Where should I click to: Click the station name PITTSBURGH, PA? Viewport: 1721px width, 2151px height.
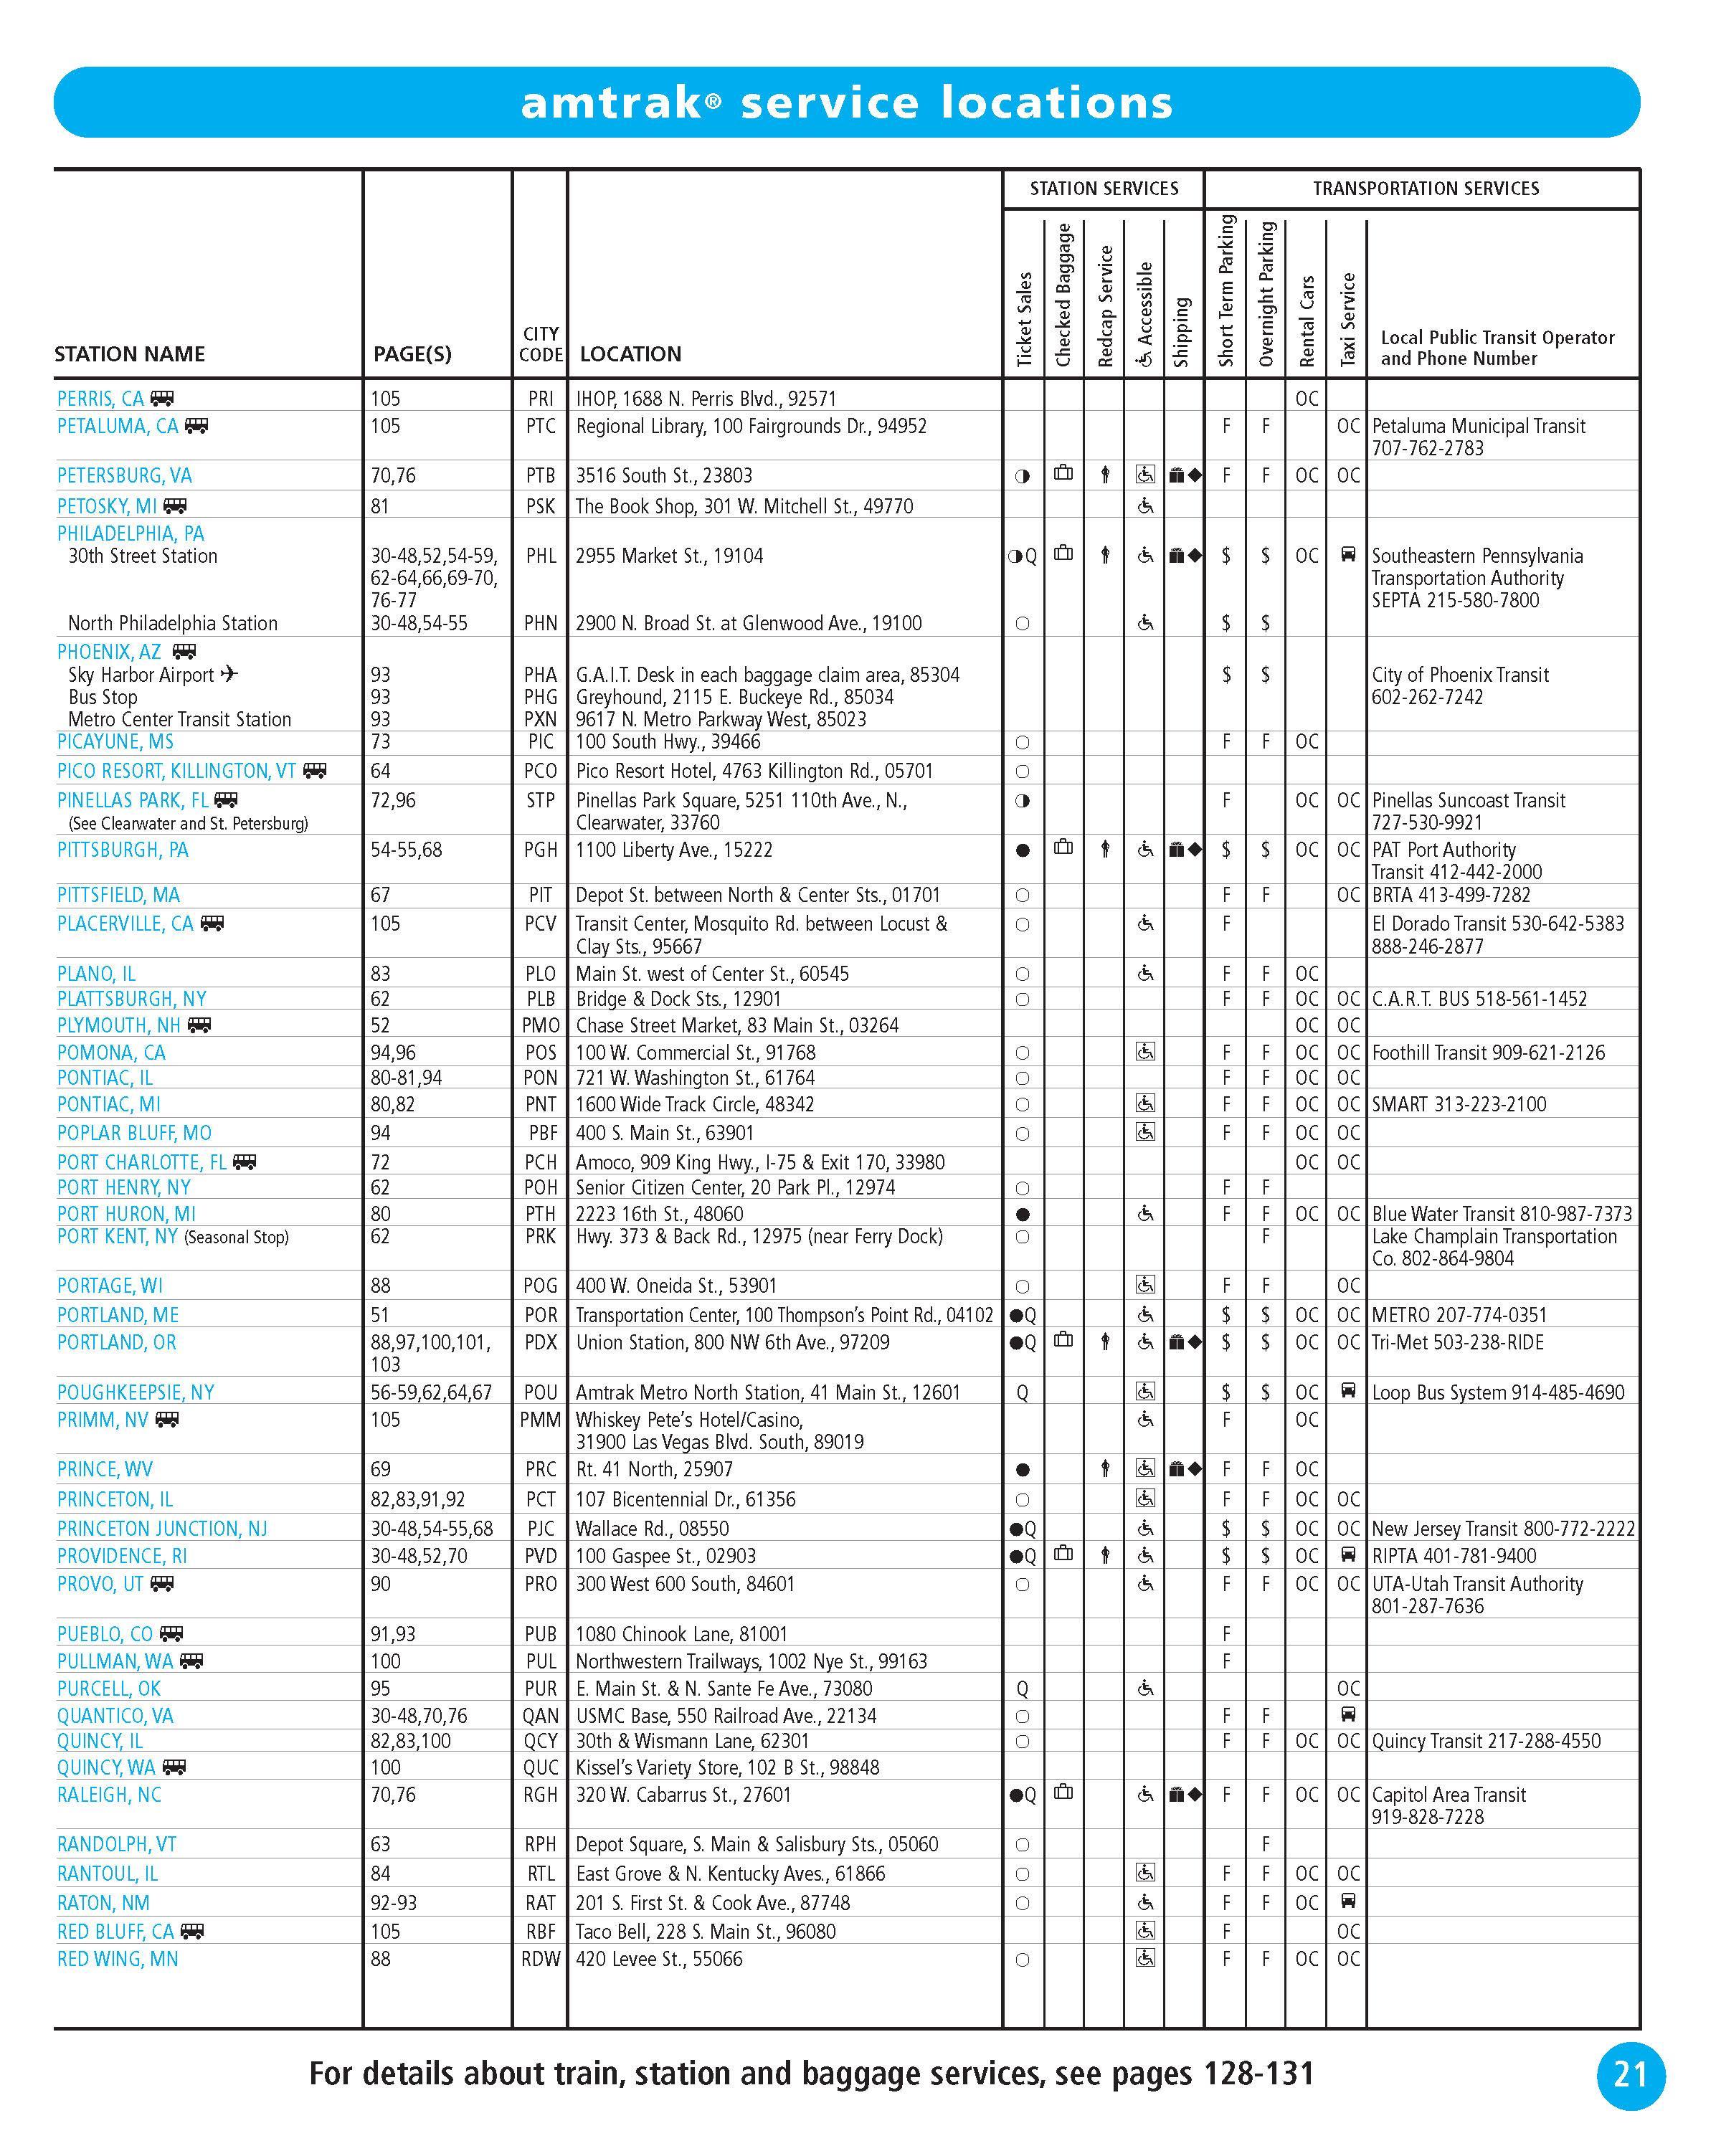[x=123, y=850]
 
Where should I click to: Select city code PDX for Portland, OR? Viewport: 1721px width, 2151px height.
[x=540, y=1343]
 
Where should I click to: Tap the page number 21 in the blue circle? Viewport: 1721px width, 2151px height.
[x=1630, y=2075]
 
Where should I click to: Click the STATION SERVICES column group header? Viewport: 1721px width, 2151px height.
[x=1104, y=189]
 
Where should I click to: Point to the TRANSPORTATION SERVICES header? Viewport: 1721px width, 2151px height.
[x=1425, y=189]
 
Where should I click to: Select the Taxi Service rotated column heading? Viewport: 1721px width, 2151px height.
[x=1348, y=319]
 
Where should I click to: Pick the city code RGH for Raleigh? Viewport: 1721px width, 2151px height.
[x=540, y=1795]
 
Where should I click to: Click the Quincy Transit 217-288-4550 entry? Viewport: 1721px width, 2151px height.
[x=1486, y=1741]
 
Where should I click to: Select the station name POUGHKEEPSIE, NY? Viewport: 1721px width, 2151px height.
[x=136, y=1392]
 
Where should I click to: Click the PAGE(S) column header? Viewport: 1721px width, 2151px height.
[x=412, y=354]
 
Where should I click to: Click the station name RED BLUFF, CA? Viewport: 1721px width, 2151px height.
[x=115, y=1932]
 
